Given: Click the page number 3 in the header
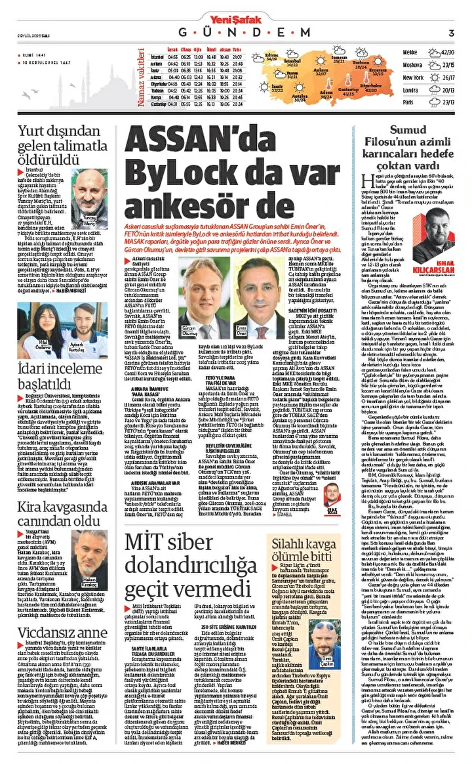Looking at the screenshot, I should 452,33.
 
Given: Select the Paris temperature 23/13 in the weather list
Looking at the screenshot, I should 448,102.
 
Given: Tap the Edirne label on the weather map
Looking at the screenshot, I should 271,56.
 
